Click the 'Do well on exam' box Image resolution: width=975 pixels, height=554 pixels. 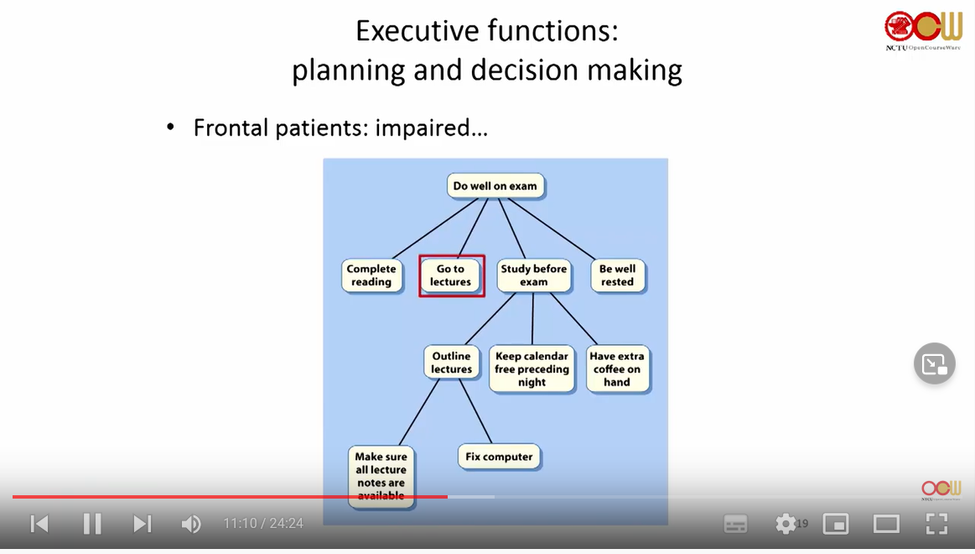coord(495,186)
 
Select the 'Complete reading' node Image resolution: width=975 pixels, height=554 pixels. coord(371,275)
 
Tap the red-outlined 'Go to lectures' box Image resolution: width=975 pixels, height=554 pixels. coord(451,275)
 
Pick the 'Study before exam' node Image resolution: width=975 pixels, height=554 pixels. coord(533,275)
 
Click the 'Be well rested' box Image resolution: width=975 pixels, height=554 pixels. coord(617,275)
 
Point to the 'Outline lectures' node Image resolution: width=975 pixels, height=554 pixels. coord(451,363)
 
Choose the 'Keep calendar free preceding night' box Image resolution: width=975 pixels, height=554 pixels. coord(532,368)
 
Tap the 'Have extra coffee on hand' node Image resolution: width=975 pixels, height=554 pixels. coord(616,368)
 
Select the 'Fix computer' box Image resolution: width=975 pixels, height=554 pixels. coord(499,457)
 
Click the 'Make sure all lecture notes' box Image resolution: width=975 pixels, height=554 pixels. coord(381,476)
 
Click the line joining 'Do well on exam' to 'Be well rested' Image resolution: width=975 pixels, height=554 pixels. coord(554,227)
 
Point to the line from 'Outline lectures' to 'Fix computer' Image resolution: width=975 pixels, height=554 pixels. coord(475,410)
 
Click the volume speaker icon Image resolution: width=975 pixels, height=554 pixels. coord(191,524)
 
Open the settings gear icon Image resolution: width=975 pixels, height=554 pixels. coord(786,524)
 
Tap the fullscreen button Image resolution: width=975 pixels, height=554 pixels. coord(936,524)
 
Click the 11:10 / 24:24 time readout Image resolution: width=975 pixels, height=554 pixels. coord(262,524)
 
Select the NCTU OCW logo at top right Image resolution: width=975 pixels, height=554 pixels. coord(924,30)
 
